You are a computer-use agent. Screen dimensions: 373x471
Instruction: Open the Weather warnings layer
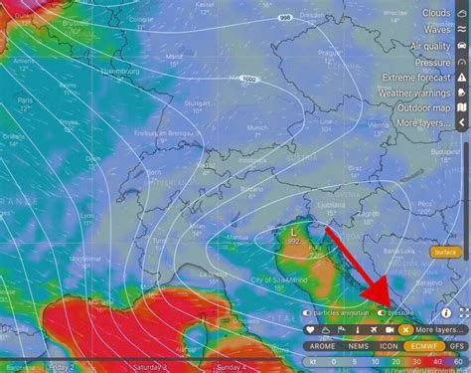pos(412,93)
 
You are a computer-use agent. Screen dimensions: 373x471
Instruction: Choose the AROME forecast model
pos(322,346)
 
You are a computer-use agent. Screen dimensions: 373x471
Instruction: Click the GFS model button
pos(457,346)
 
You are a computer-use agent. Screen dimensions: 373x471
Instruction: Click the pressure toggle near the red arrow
pos(383,313)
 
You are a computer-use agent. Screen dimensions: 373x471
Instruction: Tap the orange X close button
pos(405,329)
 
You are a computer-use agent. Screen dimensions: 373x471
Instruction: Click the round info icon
pos(446,312)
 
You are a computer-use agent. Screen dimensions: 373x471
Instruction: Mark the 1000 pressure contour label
pos(247,78)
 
